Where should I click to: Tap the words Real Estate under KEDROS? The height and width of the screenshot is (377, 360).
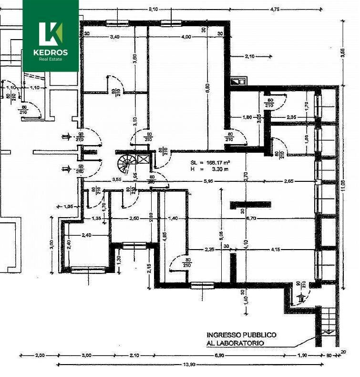51,59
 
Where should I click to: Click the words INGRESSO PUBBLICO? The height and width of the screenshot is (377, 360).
241,335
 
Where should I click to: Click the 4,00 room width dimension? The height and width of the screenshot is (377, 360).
186,36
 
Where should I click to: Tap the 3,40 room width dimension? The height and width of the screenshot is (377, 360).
114,36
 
